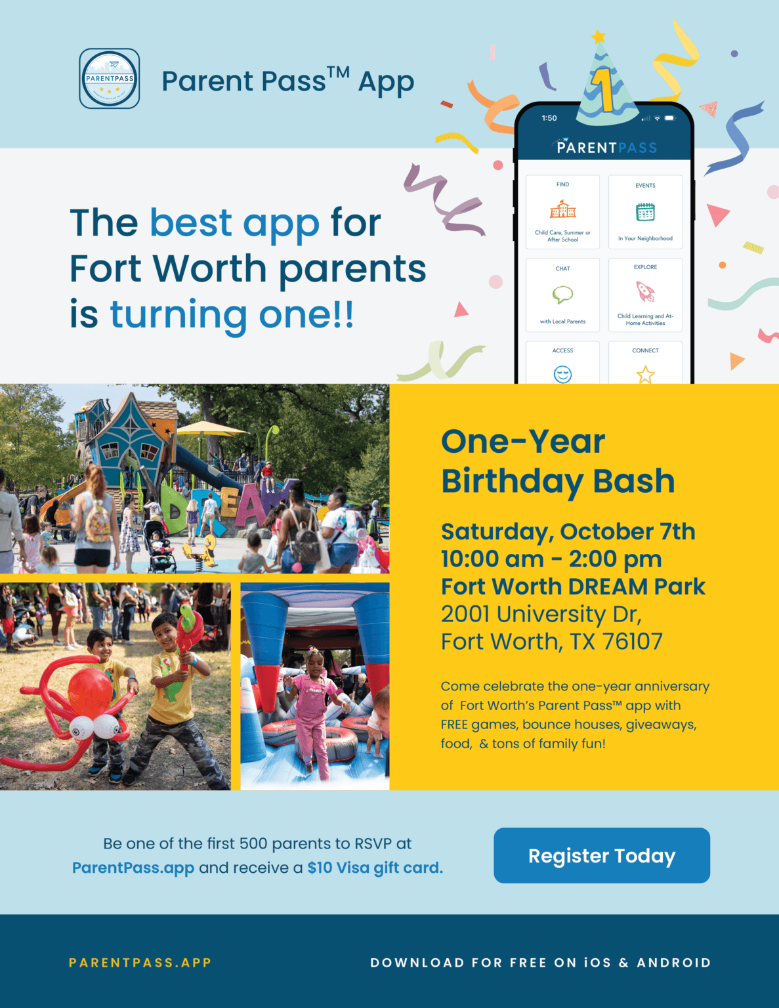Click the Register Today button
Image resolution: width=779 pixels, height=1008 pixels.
point(601,855)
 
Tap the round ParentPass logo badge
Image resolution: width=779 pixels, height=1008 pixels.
point(110,78)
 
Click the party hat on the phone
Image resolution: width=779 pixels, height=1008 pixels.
point(605,85)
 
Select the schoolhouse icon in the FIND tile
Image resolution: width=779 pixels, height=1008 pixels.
point(562,209)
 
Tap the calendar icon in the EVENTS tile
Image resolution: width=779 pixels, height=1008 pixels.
point(645,211)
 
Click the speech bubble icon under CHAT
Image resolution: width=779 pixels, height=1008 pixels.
point(562,295)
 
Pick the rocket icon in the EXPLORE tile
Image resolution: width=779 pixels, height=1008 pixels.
point(646,291)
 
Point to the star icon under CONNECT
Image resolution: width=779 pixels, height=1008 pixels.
point(645,374)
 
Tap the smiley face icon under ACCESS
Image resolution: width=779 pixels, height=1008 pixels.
point(562,374)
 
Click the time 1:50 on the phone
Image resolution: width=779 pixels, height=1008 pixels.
point(549,118)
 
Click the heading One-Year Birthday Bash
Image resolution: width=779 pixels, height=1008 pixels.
point(557,461)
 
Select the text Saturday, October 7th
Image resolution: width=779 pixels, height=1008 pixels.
point(568,532)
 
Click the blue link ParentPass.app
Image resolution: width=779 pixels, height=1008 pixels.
point(133,868)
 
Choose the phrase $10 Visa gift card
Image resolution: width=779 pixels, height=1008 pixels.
point(375,868)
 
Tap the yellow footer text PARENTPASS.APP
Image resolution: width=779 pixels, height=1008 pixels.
point(140,963)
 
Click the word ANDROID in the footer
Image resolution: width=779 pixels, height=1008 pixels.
point(673,963)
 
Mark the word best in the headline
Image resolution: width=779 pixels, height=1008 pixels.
point(190,222)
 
